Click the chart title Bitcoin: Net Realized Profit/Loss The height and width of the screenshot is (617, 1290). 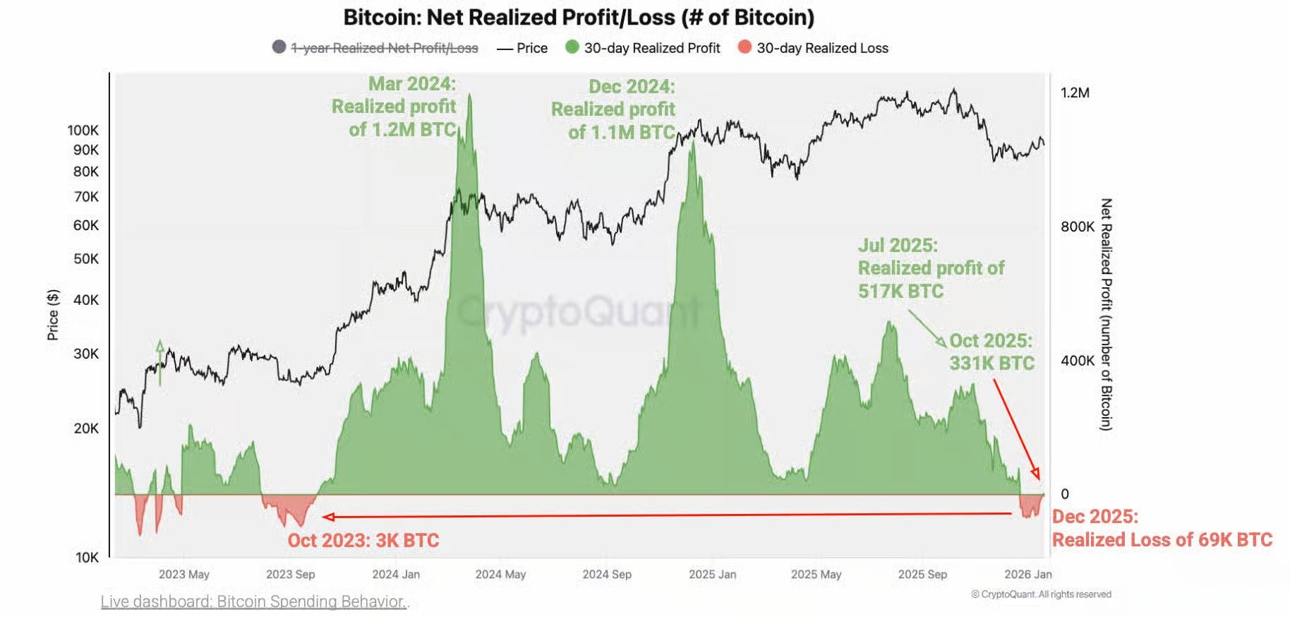tap(578, 17)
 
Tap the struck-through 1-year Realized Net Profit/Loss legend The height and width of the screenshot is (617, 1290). tap(375, 48)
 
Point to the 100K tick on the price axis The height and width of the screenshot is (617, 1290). tap(83, 130)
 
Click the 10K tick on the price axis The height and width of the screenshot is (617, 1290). tap(88, 558)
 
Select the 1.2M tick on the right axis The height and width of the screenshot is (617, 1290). tap(1075, 93)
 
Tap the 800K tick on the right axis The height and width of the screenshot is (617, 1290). tap(1077, 227)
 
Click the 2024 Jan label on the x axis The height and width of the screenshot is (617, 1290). tap(395, 575)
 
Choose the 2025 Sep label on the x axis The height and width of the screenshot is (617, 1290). tap(922, 575)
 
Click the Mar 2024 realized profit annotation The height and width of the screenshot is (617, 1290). tap(394, 107)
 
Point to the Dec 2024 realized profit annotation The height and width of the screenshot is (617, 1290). tap(613, 109)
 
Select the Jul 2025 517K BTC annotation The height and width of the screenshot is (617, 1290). tap(930, 268)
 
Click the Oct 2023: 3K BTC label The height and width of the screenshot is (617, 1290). tap(363, 541)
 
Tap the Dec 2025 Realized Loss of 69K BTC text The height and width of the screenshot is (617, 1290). tap(1162, 529)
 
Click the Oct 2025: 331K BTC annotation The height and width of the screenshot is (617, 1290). tap(991, 352)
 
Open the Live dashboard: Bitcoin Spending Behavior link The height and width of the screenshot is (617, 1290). tap(254, 601)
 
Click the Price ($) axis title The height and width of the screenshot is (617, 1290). tap(53, 315)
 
